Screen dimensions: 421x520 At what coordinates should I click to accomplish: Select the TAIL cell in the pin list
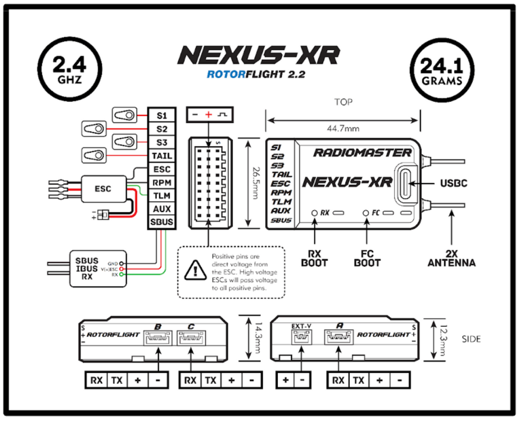click(x=162, y=156)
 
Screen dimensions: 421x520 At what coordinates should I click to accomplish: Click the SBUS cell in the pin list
click(x=162, y=222)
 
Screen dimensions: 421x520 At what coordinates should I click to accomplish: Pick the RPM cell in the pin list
click(x=162, y=183)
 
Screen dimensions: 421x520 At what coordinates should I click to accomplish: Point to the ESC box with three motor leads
click(x=103, y=189)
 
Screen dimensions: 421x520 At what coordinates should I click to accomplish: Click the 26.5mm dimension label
click(x=256, y=184)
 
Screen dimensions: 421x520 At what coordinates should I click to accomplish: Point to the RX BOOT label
click(x=314, y=258)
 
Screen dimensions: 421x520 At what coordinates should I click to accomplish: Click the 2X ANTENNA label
click(x=451, y=258)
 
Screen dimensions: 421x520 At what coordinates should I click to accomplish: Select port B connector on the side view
click(x=158, y=338)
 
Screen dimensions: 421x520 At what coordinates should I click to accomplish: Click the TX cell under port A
click(x=359, y=380)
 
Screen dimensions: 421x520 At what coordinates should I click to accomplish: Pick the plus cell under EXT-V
click(x=286, y=380)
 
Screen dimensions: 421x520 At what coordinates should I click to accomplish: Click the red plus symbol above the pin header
click(x=208, y=115)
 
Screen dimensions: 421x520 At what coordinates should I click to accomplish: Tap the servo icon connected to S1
click(x=124, y=114)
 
